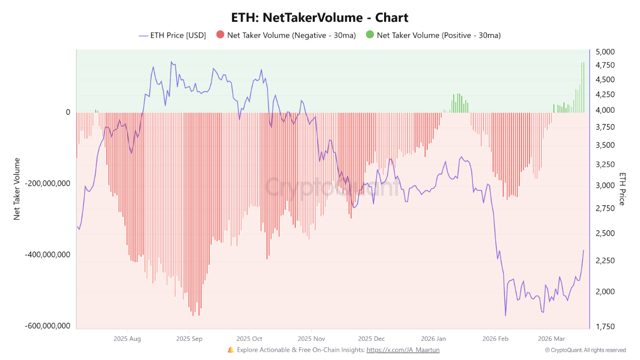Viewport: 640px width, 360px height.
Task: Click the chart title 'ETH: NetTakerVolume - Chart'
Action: coord(320,17)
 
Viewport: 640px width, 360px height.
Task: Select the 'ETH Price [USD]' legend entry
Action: coord(172,36)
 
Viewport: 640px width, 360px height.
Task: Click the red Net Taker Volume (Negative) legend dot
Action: coord(220,35)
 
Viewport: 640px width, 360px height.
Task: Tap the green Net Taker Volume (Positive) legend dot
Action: coord(370,35)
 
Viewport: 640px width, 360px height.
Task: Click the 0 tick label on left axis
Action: coord(68,112)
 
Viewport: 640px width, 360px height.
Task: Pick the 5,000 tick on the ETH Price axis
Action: coord(605,52)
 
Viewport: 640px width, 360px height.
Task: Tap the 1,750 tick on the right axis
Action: coord(605,326)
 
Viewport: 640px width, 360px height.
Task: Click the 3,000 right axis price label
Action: coord(605,186)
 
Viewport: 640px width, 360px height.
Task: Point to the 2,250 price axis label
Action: coord(605,261)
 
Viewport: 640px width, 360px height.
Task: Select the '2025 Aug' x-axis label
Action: coord(128,338)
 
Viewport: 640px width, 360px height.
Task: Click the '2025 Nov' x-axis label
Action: coord(311,338)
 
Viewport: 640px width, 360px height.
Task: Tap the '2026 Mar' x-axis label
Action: coord(552,338)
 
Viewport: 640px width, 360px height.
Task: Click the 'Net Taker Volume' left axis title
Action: coord(16,189)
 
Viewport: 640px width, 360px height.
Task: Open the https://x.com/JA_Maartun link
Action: coord(403,350)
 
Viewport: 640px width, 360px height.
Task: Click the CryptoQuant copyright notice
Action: coord(585,350)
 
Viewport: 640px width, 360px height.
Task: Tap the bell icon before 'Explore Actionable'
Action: coord(230,350)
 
